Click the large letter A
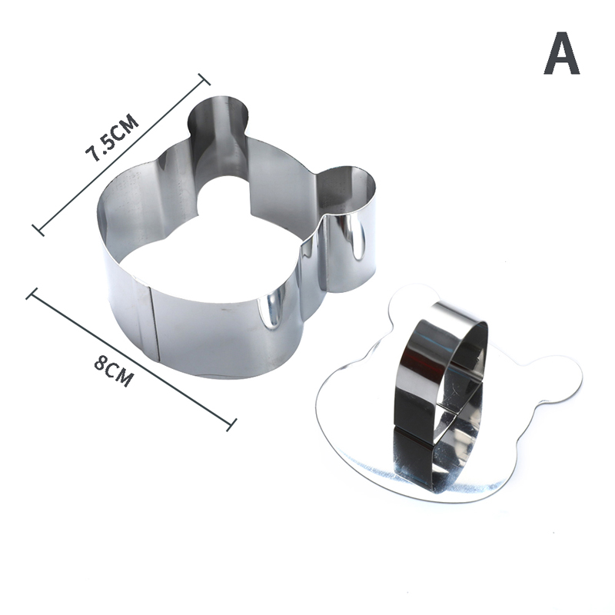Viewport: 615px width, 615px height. [562, 53]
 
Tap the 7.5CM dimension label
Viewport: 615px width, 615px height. [112, 138]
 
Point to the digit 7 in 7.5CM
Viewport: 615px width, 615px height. [93, 154]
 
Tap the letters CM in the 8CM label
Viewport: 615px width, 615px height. [120, 375]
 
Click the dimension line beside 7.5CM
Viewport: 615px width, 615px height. [121, 155]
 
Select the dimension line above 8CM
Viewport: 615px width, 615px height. [131, 359]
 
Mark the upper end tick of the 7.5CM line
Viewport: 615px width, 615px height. [204, 79]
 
